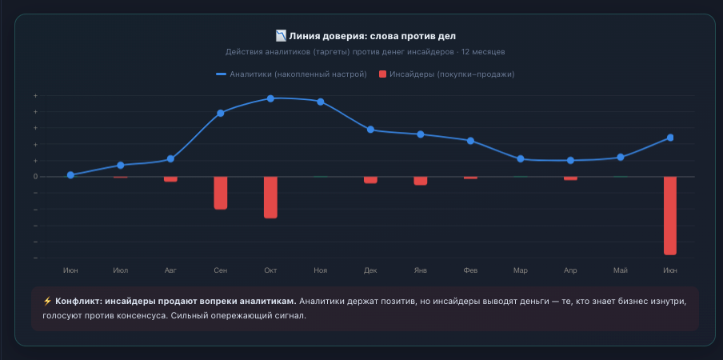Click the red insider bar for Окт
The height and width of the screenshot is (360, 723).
270,198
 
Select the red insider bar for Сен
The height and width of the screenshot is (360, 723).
221,193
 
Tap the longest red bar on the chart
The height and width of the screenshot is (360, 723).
670,216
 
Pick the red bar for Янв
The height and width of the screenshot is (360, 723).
421,181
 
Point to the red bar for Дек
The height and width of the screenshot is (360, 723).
370,180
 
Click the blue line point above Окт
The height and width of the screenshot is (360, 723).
270,98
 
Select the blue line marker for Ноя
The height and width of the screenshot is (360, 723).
321,102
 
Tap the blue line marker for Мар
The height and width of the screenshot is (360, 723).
521,159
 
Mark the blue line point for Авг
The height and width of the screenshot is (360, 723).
170,159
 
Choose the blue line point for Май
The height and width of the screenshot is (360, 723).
621,157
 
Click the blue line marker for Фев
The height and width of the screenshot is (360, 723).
470,141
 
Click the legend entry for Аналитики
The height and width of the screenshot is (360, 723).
291,74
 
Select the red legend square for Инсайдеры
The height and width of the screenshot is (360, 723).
382,74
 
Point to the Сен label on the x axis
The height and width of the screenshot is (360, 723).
221,270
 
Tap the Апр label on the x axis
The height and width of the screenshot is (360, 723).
570,270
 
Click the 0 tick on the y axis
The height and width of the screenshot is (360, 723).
35,177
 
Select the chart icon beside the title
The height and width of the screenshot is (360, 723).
281,35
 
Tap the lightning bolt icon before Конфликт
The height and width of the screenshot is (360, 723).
47,302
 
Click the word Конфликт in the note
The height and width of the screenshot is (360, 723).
78,302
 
